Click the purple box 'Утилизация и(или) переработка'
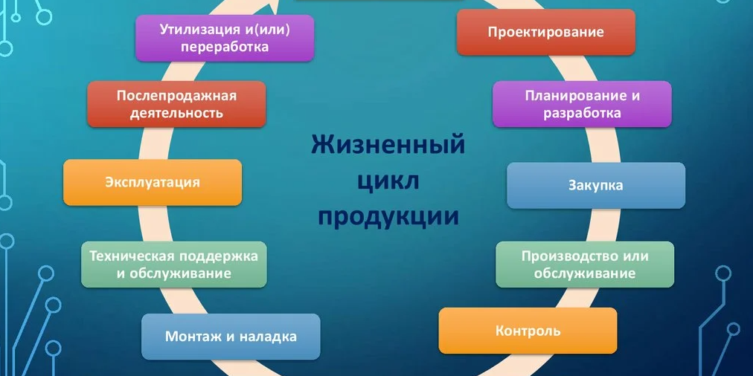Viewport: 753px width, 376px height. [x=225, y=38]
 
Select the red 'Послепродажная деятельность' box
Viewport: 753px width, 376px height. [x=176, y=104]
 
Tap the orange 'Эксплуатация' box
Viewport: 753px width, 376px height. [x=153, y=182]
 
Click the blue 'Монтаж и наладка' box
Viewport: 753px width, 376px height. [x=231, y=337]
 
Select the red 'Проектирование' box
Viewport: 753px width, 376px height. [x=545, y=32]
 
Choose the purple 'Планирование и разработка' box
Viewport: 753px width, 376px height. [x=582, y=104]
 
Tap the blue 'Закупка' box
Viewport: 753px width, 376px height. [x=595, y=185]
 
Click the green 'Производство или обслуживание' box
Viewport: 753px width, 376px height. [x=585, y=265]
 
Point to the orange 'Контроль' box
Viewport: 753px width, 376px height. [x=528, y=331]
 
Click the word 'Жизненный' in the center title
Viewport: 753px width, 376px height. [x=387, y=143]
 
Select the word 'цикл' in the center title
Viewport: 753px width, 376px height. [x=388, y=180]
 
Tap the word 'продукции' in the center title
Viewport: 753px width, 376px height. [x=388, y=216]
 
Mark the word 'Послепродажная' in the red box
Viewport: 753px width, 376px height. [x=176, y=96]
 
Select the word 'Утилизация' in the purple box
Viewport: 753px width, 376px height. [x=196, y=30]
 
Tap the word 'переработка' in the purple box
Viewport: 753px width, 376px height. [x=225, y=47]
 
